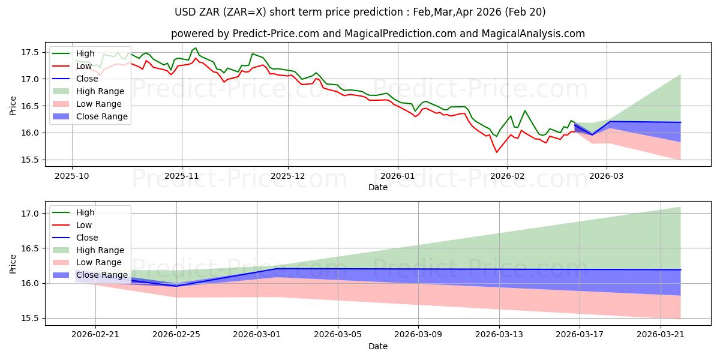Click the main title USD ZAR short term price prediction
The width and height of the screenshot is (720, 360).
360,12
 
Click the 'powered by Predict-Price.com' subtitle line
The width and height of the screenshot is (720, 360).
378,34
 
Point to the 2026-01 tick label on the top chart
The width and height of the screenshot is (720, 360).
397,176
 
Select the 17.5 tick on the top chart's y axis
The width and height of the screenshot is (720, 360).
31,52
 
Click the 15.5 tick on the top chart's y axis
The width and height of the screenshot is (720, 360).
31,160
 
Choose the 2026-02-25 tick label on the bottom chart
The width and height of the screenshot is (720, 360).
176,335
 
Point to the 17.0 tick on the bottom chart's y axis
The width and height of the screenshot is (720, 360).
31,214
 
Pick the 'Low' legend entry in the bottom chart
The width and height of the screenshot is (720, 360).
84,225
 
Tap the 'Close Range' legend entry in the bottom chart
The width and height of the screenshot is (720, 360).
101,275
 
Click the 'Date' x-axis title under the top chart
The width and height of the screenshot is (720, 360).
378,187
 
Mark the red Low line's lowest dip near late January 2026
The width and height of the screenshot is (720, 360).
496,152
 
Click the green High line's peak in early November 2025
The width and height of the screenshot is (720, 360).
196,48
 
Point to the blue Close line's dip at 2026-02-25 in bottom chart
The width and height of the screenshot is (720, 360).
176,286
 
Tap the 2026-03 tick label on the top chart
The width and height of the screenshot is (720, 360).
607,176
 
